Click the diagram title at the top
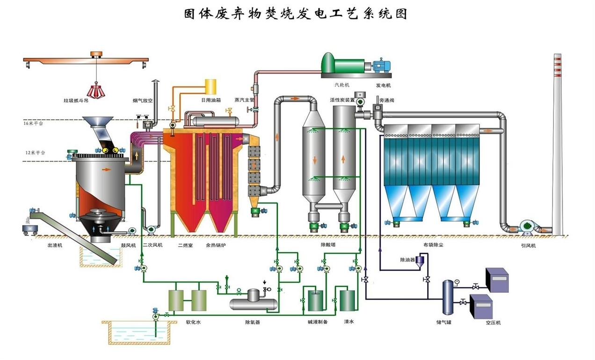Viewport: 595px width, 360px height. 295,14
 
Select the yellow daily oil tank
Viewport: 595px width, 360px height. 210,86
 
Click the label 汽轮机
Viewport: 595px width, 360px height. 342,86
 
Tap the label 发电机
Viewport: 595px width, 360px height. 383,86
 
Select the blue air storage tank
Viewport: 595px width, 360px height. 447,297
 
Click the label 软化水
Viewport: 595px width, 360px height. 194,322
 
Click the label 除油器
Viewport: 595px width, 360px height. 407,259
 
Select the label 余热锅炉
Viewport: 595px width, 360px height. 216,245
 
